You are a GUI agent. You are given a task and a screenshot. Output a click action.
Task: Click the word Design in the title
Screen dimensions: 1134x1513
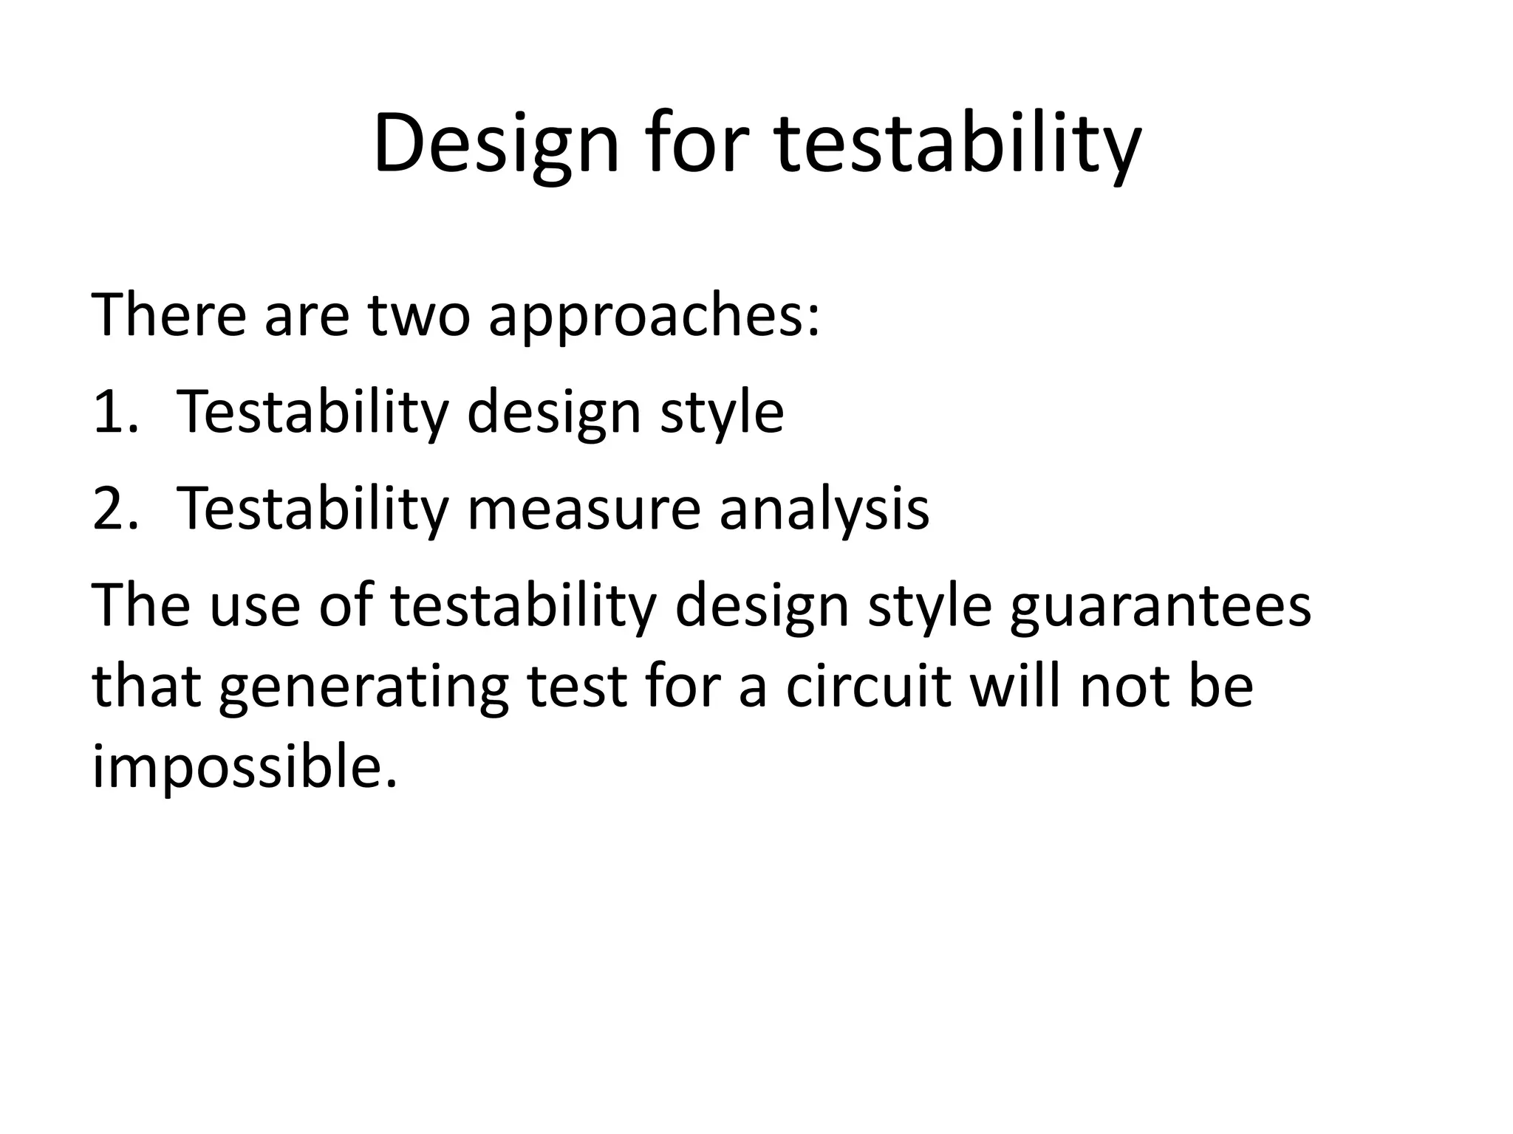495,144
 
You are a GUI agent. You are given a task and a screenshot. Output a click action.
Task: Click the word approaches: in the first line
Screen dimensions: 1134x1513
654,316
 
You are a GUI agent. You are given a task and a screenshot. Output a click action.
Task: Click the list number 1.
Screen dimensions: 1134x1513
115,412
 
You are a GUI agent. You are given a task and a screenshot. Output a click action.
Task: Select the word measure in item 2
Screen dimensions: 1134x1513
584,509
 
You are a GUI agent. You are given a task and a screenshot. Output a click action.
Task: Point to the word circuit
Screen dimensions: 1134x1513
867,686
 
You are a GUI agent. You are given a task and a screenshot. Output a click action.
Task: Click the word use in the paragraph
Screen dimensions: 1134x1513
254,605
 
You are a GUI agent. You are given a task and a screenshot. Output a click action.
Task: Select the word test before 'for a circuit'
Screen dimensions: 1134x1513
577,686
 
